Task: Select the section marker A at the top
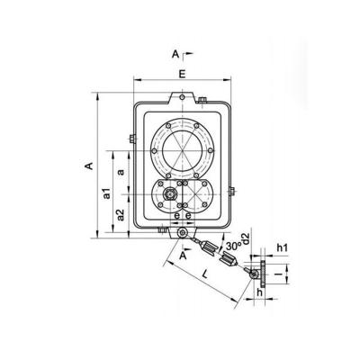pos(175,54)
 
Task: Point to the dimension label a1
pos(106,192)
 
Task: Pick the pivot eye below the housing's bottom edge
pos(184,234)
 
